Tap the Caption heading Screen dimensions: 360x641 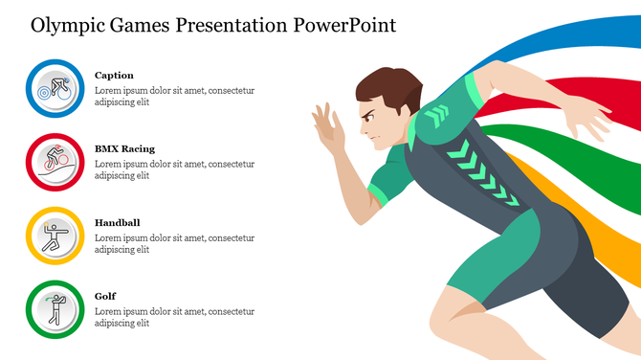tap(114, 75)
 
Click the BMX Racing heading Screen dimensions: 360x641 tap(124, 148)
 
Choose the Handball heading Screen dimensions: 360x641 tap(117, 222)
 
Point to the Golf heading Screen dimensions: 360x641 tap(104, 296)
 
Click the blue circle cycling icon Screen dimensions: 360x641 tap(55, 88)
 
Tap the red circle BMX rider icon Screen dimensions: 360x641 tap(55, 162)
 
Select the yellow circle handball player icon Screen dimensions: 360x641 tap(55, 236)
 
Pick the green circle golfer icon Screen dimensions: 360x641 tap(55, 309)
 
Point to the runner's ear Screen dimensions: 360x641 tap(394, 109)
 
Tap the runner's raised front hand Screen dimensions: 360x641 tap(328, 130)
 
